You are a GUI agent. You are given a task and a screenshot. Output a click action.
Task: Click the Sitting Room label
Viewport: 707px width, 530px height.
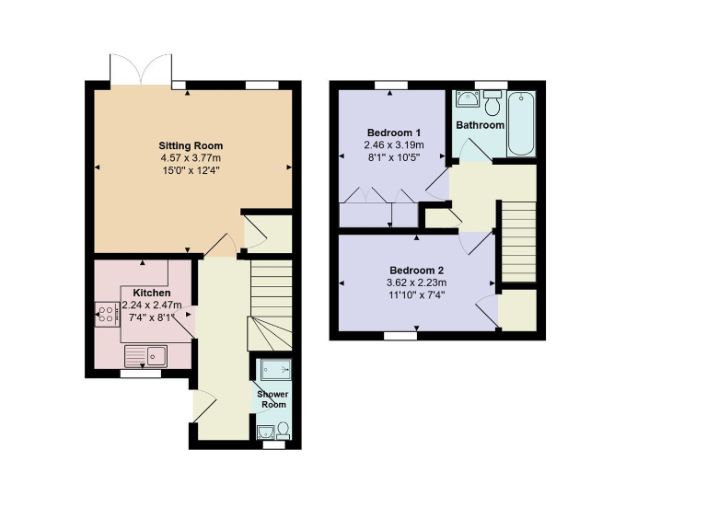click(191, 145)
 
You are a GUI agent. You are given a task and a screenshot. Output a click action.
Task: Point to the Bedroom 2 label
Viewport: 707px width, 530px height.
click(416, 270)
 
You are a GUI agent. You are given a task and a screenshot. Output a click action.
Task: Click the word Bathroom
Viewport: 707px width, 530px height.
click(481, 125)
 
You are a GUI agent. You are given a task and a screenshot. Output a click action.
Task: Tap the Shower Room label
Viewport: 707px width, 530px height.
click(272, 399)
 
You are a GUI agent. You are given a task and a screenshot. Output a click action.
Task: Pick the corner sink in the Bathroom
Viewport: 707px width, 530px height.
click(465, 99)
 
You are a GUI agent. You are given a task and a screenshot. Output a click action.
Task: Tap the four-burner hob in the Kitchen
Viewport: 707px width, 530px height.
click(106, 316)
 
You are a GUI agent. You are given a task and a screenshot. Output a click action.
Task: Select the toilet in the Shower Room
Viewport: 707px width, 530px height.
click(283, 430)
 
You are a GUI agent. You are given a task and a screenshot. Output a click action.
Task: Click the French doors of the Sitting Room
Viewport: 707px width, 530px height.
click(140, 70)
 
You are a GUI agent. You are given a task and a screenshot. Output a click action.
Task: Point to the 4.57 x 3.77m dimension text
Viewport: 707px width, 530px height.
click(191, 157)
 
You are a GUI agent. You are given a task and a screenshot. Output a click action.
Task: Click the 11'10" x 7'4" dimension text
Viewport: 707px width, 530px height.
click(416, 294)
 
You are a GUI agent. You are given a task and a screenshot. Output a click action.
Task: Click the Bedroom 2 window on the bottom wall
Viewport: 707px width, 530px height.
click(400, 337)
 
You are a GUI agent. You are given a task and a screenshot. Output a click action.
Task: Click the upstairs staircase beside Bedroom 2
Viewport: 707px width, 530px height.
click(517, 241)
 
